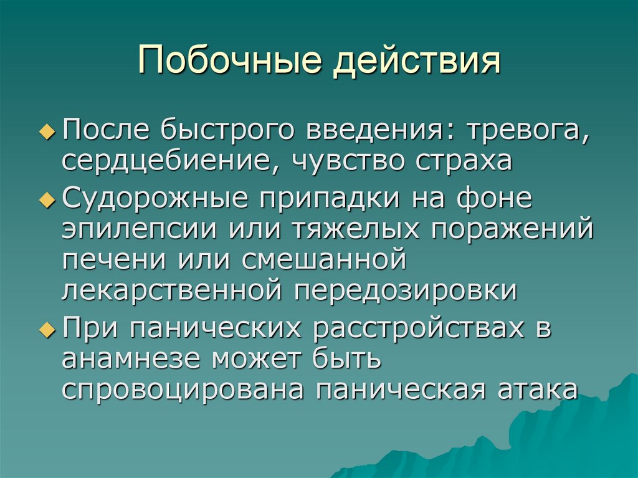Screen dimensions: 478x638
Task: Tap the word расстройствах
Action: click(x=415, y=327)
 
